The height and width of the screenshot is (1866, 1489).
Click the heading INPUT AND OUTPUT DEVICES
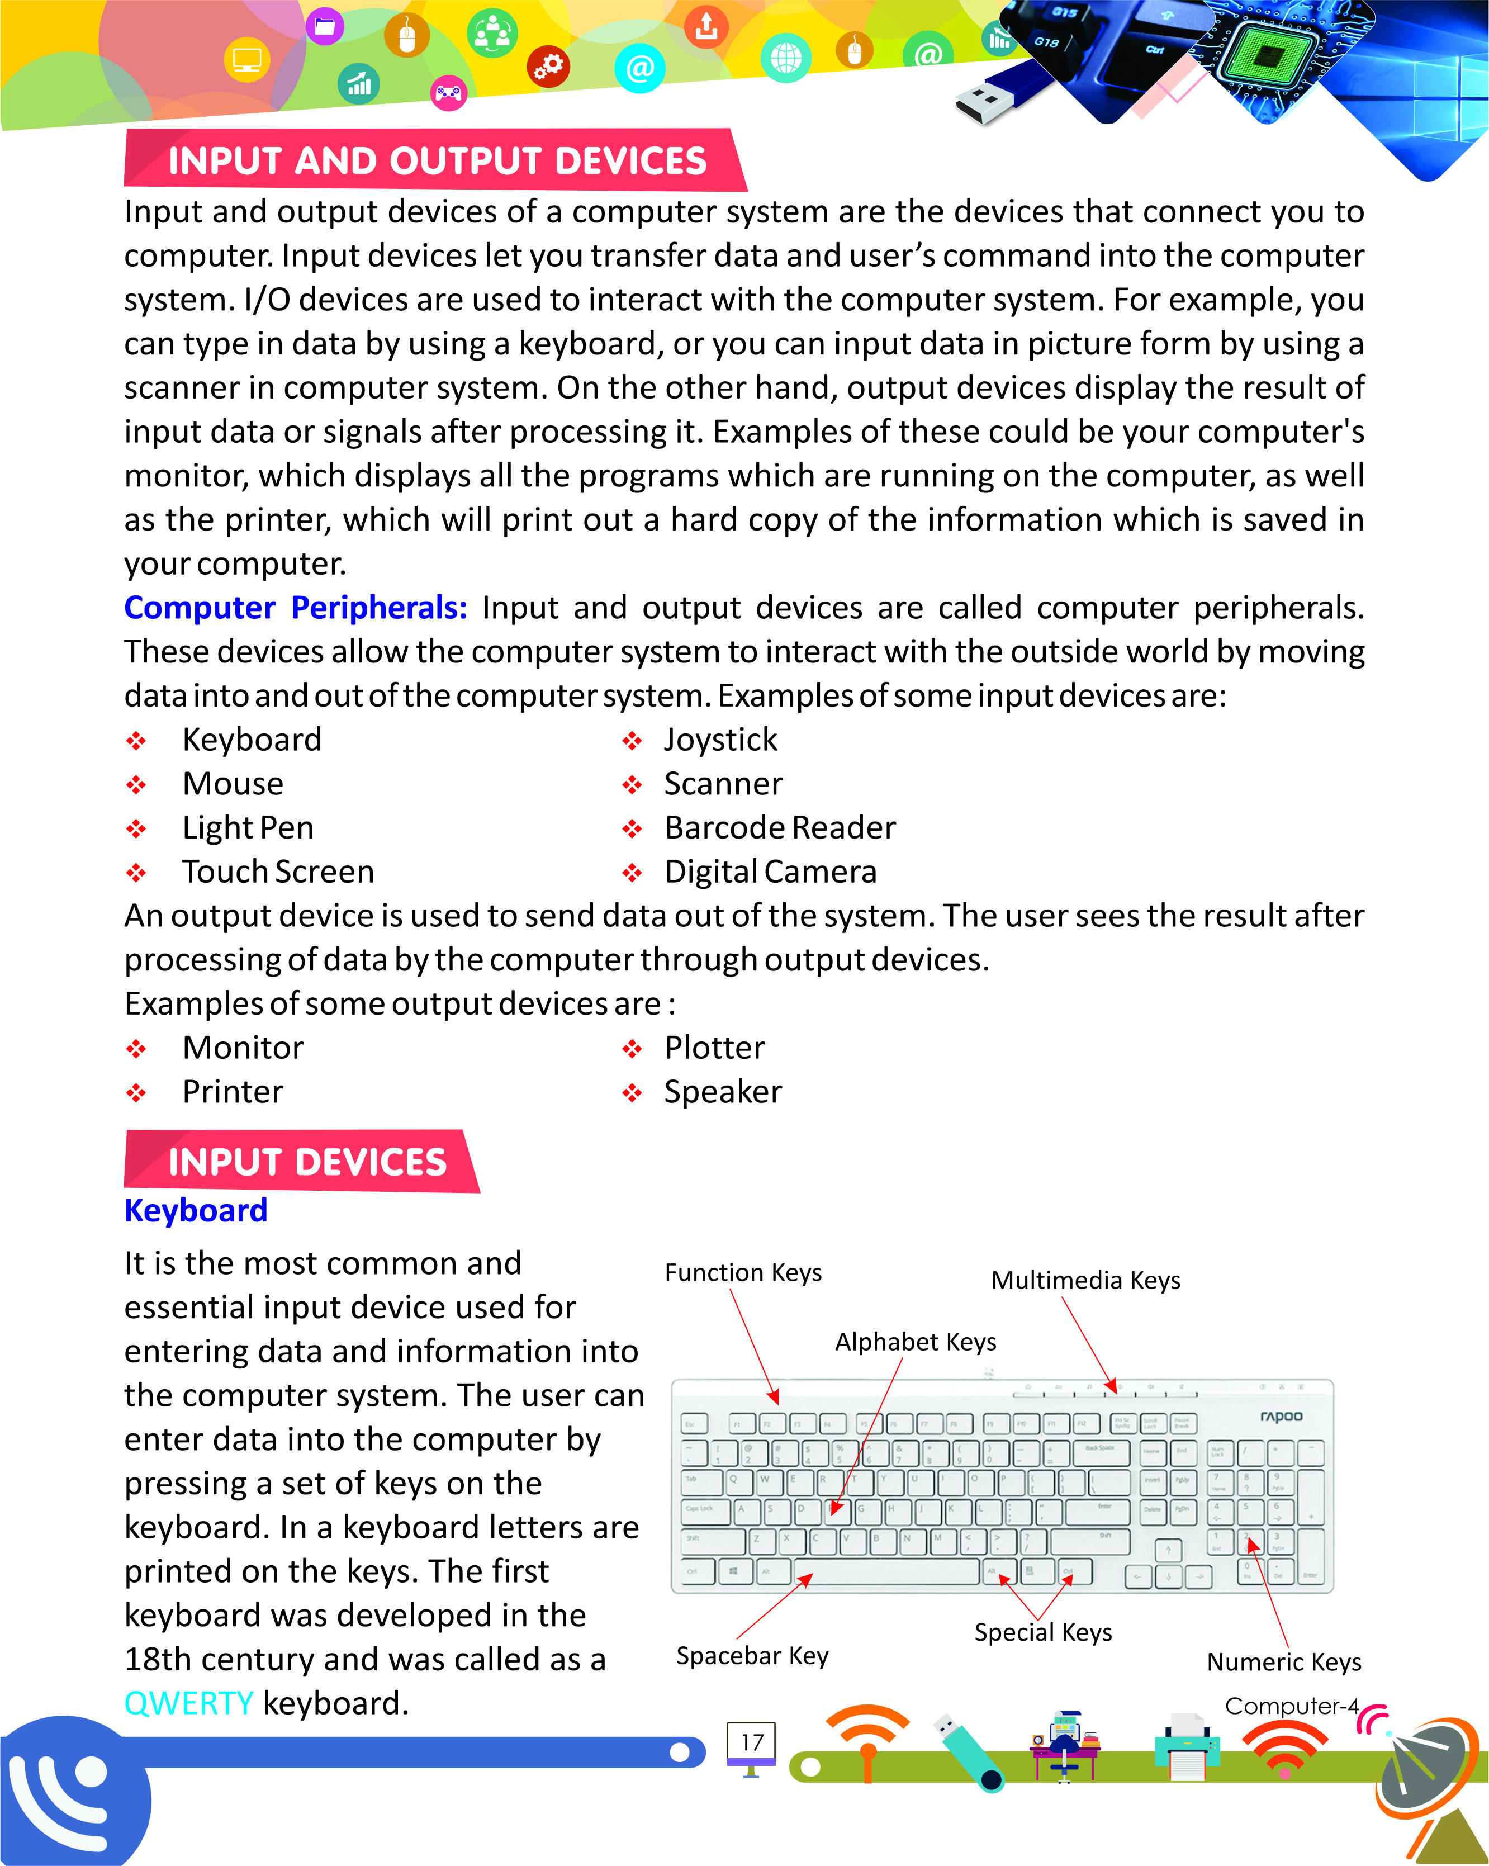pos(437,161)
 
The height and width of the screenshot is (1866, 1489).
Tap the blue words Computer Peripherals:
pos(295,608)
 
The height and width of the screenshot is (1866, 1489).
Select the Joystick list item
pos(720,740)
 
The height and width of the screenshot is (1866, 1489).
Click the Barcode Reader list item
pos(780,828)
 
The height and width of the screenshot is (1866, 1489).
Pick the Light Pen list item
pos(248,828)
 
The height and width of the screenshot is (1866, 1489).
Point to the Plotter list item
pos(714,1048)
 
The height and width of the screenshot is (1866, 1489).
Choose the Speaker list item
pos(723,1092)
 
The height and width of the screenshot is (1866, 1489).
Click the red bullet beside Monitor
pos(136,1049)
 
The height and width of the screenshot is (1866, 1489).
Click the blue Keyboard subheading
pos(196,1210)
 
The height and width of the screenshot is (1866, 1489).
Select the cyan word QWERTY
pos(188,1703)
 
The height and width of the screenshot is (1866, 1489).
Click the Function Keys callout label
pos(742,1273)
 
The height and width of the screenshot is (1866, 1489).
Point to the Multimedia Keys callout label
pos(1085,1280)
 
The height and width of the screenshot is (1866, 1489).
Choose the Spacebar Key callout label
pos(752,1656)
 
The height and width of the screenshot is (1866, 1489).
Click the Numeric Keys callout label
pos(1283,1662)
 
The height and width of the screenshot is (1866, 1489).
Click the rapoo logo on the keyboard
pos(1281,1416)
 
